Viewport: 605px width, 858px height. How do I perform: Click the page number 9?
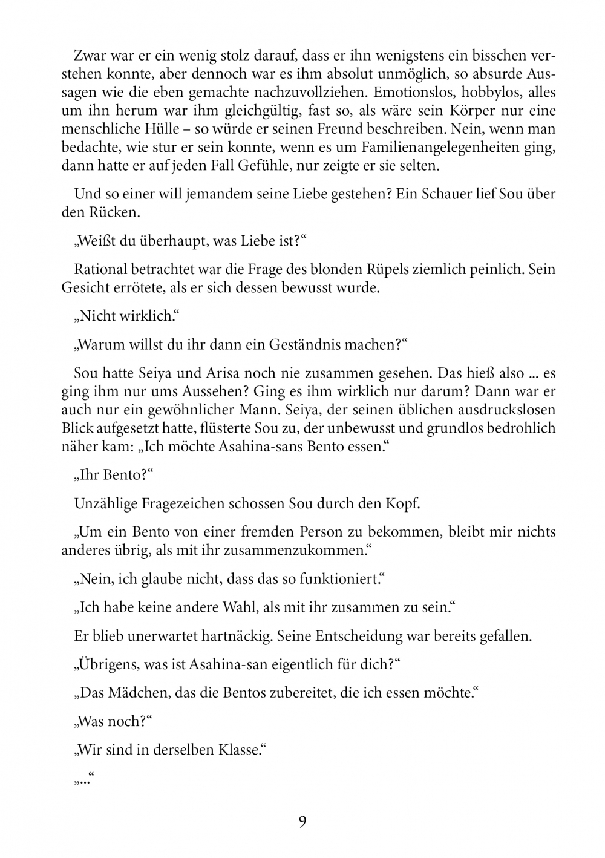point(302,822)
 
